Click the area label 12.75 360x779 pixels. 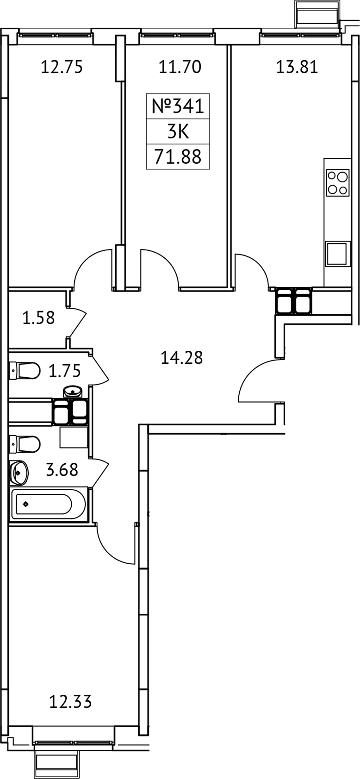62,67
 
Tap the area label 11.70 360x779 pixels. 180,67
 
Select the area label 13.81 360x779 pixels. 297,67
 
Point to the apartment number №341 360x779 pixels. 178,106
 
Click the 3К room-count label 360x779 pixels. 178,132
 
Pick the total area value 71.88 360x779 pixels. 178,157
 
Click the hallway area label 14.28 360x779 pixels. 181,357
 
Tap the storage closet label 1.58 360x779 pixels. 38,318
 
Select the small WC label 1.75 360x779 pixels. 64,371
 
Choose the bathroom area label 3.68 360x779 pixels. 62,470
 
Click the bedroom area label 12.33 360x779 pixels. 70,702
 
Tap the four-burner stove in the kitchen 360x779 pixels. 337,183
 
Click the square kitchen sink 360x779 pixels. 337,254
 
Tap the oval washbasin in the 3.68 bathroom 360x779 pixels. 19,472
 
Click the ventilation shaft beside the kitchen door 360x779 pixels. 294,301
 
